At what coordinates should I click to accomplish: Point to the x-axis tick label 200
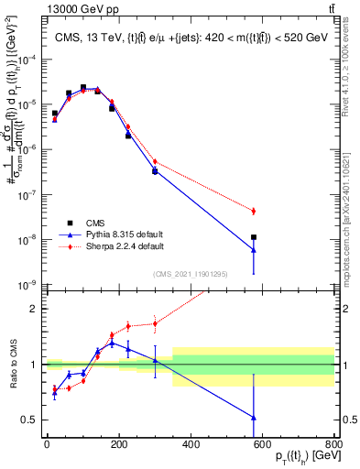tap(118, 448)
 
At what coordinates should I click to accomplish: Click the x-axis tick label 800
tap(334, 448)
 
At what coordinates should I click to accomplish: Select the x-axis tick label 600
tap(263, 448)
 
